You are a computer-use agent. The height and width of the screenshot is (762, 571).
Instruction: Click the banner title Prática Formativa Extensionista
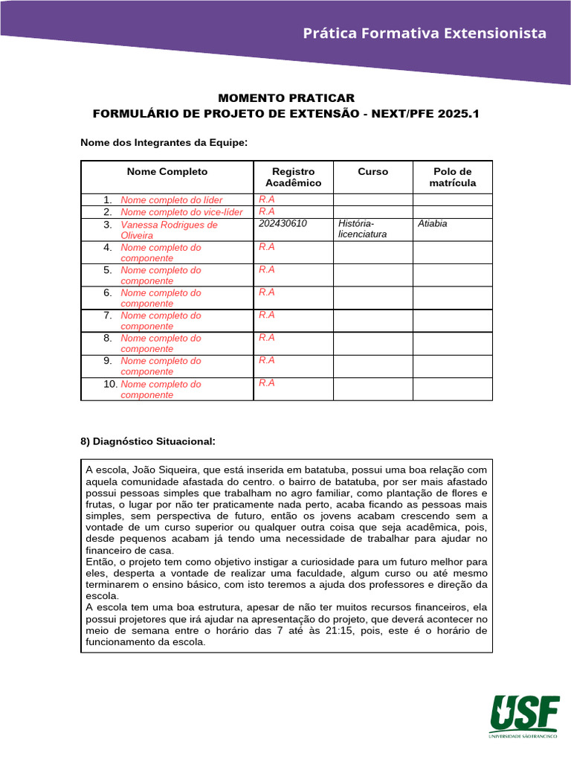[x=425, y=33]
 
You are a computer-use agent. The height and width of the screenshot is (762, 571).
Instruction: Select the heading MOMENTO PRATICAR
[x=286, y=98]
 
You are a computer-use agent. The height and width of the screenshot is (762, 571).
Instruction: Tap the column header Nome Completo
[x=167, y=172]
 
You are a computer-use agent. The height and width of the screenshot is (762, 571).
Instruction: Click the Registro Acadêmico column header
[x=293, y=177]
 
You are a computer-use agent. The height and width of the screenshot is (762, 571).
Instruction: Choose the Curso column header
[x=372, y=172]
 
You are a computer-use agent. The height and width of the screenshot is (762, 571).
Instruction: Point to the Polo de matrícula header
[x=452, y=177]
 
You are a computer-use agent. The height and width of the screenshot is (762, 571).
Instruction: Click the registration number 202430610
[x=283, y=223]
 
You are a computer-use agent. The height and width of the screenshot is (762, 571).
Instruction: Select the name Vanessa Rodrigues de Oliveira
[x=169, y=229]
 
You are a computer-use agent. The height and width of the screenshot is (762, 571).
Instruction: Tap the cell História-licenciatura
[x=363, y=229]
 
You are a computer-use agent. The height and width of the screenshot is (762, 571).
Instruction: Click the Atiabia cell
[x=433, y=223]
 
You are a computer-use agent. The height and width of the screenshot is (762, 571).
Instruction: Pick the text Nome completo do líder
[x=171, y=200]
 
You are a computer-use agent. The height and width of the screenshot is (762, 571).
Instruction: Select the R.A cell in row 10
[x=267, y=383]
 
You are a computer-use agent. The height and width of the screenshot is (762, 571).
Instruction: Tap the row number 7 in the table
[x=108, y=316]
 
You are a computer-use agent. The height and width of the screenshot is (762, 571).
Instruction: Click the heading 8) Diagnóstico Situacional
[x=147, y=442]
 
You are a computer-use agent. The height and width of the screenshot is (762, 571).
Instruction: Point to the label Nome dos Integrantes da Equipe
[x=164, y=142]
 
